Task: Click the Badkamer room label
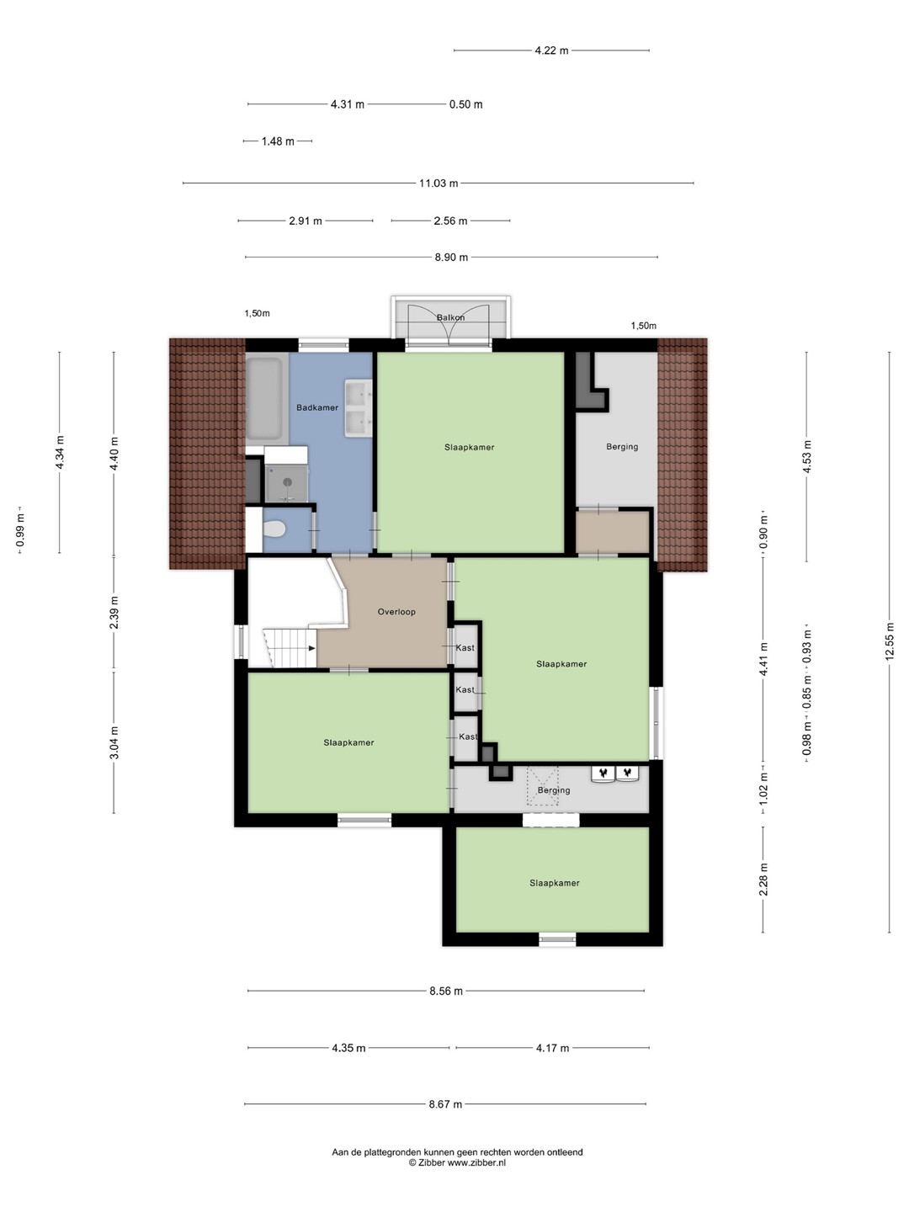(x=316, y=407)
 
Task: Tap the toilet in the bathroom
(x=274, y=530)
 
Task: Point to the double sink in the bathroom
(x=359, y=408)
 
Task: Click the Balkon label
(x=450, y=317)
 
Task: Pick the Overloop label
(x=396, y=612)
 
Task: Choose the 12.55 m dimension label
(x=889, y=641)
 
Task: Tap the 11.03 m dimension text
(x=439, y=183)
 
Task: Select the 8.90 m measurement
(x=451, y=258)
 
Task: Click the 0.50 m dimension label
(x=465, y=104)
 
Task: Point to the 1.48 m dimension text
(x=278, y=141)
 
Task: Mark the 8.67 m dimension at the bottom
(x=445, y=1104)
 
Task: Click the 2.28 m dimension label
(x=763, y=880)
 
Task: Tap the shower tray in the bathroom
(x=286, y=483)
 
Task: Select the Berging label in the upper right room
(x=622, y=447)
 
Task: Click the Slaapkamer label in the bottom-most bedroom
(x=555, y=883)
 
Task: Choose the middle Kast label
(x=465, y=689)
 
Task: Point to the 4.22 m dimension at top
(x=551, y=50)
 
